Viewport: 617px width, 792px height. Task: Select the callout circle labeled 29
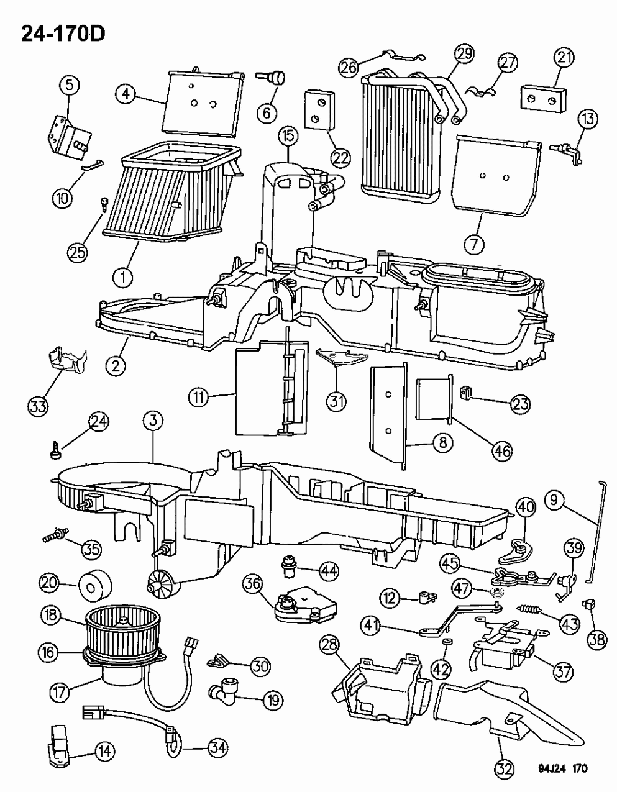[x=463, y=54]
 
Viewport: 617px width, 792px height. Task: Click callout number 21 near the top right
[x=563, y=59]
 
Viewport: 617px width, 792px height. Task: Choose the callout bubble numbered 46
[x=502, y=450]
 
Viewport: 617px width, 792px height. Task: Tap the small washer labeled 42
[x=447, y=640]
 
